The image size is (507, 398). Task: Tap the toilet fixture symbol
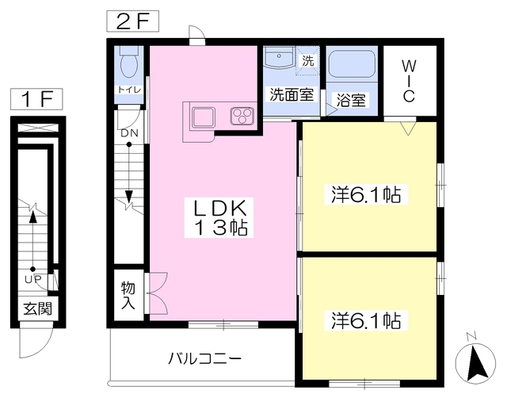coord(129,63)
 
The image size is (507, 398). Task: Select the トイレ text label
coord(130,90)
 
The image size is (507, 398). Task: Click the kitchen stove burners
coord(241,117)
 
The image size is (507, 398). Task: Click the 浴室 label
coord(351,101)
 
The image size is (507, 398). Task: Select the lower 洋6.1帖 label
coord(364,321)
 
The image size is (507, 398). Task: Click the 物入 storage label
coord(128,295)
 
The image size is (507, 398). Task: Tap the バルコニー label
coord(204,357)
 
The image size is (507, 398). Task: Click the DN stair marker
coord(129,133)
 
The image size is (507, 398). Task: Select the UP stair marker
coord(32,280)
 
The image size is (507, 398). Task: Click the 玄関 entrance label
coord(33,309)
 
